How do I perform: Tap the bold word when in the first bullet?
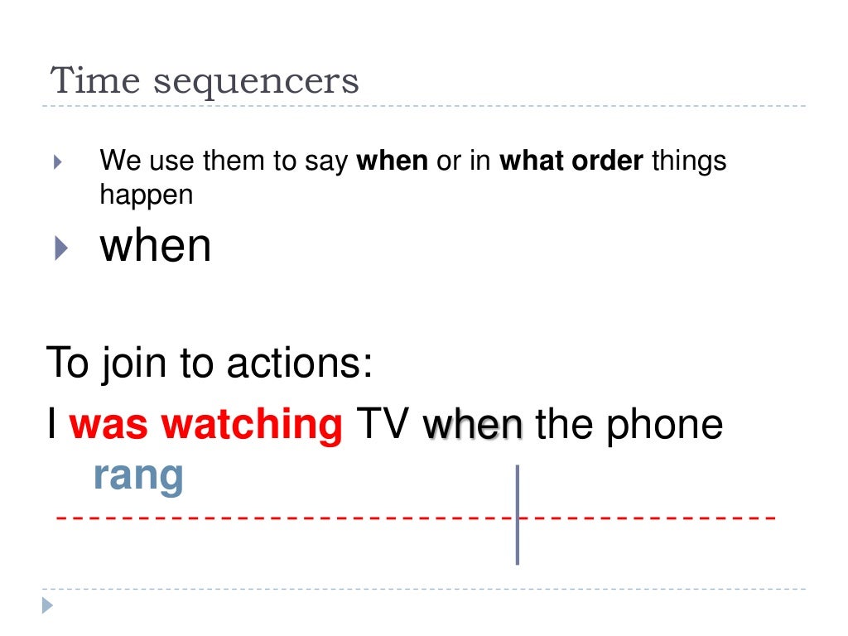click(392, 161)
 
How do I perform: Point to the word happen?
click(146, 195)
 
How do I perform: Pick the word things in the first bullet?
click(689, 161)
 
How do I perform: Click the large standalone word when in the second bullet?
click(156, 246)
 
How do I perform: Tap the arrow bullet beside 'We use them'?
click(57, 161)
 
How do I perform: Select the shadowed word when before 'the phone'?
click(473, 425)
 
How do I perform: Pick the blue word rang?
click(138, 476)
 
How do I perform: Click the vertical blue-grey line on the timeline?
click(518, 514)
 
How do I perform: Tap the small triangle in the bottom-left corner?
click(48, 606)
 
